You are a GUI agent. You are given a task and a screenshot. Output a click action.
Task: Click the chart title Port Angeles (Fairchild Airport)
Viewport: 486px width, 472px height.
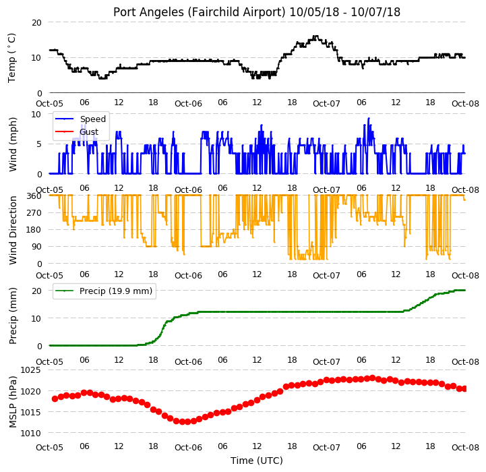tap(199, 12)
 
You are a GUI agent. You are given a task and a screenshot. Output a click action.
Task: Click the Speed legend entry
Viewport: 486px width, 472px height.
tap(80, 119)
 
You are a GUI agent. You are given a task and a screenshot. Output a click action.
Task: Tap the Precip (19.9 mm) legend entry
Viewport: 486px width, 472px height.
tap(104, 291)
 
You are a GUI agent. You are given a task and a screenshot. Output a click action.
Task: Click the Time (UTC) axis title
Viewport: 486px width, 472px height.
tap(257, 461)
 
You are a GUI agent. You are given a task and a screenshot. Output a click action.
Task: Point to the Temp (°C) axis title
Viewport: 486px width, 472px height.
tap(11, 58)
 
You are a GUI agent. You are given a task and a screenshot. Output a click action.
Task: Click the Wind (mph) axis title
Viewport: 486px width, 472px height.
tap(12, 144)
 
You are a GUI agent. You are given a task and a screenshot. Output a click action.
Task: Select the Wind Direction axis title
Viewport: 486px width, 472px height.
tap(12, 230)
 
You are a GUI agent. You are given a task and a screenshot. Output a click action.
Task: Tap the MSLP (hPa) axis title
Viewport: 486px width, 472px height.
tap(12, 402)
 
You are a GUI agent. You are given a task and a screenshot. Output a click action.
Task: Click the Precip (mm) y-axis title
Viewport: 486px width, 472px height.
tap(12, 316)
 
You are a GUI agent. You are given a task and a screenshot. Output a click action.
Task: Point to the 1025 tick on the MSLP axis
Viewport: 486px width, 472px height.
tap(30, 370)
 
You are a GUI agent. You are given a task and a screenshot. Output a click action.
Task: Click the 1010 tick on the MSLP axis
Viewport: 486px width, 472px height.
tap(30, 433)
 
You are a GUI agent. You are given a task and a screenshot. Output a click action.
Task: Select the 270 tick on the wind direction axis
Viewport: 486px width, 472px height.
tap(34, 213)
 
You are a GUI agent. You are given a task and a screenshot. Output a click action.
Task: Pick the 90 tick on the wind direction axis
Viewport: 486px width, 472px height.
tap(36, 247)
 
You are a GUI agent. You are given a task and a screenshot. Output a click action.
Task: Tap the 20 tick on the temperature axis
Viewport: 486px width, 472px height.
tap(36, 22)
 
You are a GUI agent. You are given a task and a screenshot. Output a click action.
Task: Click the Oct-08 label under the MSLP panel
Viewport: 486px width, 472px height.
tap(465, 447)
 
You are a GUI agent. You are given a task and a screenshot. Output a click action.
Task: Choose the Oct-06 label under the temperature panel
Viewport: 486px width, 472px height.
tap(188, 103)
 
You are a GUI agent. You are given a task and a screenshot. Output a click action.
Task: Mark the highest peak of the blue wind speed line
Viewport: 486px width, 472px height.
tap(369, 118)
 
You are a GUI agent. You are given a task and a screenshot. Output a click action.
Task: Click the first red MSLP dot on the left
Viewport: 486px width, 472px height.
tap(55, 399)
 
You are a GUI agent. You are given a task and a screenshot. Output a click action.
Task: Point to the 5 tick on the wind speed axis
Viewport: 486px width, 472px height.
tap(39, 144)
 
